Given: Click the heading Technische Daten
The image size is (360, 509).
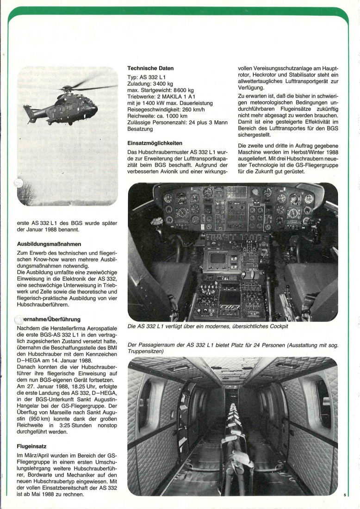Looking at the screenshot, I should click(149, 68).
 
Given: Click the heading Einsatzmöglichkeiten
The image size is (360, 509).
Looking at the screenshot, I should click(155, 143).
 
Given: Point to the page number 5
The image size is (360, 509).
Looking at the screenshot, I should click(345, 495).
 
